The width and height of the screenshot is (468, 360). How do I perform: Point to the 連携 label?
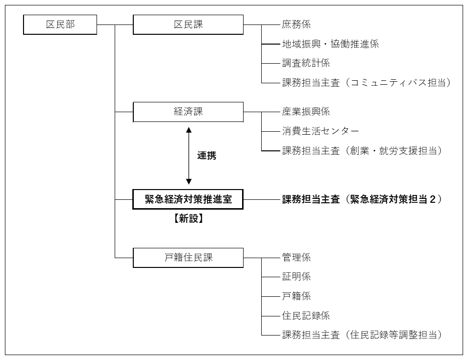tap(206, 155)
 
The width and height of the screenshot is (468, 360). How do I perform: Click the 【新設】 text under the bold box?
tap(189, 218)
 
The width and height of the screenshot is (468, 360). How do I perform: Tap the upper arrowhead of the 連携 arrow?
tap(189, 130)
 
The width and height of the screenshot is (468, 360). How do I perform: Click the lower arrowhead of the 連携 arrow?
tap(189, 181)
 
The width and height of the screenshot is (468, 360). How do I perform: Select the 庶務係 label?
tap(296, 24)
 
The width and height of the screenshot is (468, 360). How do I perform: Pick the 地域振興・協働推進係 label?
tap(330, 44)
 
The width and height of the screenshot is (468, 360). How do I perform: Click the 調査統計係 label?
tap(306, 63)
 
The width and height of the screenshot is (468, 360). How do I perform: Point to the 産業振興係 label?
tap(306, 112)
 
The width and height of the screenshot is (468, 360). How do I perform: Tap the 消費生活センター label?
tap(320, 131)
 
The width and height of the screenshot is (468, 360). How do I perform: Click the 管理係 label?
tap(296, 258)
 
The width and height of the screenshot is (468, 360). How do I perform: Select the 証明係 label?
tap(296, 277)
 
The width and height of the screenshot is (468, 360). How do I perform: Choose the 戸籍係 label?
tap(296, 296)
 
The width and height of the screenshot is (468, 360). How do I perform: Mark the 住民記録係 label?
tap(306, 315)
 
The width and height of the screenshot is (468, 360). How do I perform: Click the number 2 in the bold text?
tap(433, 199)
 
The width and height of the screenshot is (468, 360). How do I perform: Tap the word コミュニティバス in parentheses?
tap(389, 83)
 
